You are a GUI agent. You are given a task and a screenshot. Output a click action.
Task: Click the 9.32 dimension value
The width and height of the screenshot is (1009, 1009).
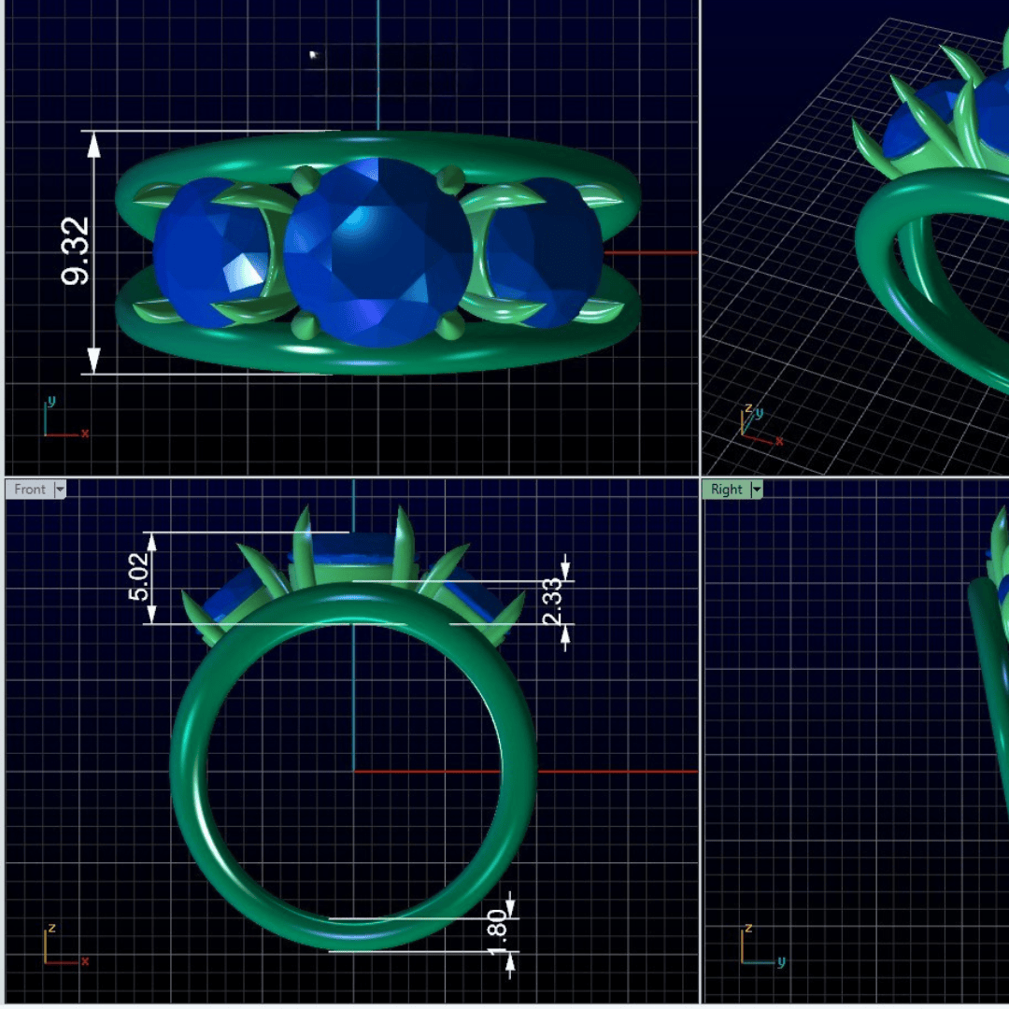click(75, 251)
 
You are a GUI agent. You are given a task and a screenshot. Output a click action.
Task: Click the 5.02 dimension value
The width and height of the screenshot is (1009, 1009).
click(138, 576)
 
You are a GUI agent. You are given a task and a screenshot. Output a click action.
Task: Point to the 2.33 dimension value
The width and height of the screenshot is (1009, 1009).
click(552, 602)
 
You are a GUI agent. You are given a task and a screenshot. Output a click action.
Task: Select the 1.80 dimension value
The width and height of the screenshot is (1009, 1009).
click(497, 932)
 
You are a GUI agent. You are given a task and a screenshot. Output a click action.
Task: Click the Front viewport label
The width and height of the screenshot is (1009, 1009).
click(30, 489)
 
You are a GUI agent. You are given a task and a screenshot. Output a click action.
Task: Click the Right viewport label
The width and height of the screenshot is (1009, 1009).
click(727, 489)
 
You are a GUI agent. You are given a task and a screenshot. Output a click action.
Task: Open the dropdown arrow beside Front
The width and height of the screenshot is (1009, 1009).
click(60, 490)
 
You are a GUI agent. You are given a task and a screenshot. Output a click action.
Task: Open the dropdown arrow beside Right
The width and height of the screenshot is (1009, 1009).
click(757, 490)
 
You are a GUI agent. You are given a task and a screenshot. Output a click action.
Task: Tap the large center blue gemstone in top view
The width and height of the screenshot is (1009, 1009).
click(378, 252)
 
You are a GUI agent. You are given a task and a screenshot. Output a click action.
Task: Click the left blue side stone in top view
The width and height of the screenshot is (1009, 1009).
click(212, 252)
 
